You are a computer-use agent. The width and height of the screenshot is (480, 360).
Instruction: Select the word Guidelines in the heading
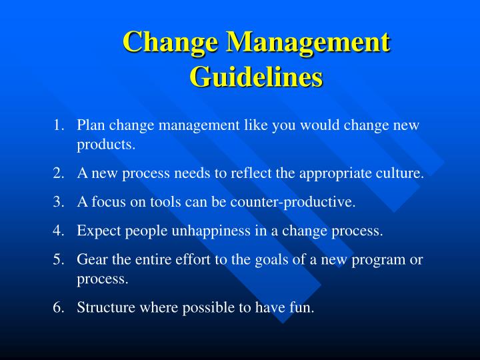[x=256, y=76]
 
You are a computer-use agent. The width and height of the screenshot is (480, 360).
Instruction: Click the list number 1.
[x=59, y=125]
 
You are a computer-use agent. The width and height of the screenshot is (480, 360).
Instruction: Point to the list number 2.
[x=59, y=173]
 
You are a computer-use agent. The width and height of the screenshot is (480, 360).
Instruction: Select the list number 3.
[x=59, y=203]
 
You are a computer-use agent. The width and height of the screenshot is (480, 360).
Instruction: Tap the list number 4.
[x=59, y=231]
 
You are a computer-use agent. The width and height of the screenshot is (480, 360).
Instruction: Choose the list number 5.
[x=59, y=260]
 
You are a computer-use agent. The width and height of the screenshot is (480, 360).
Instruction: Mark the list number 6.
[x=59, y=308]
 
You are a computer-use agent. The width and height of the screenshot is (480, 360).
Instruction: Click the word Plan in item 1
[x=90, y=125]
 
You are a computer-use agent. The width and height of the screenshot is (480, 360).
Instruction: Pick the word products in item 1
[x=105, y=144]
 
